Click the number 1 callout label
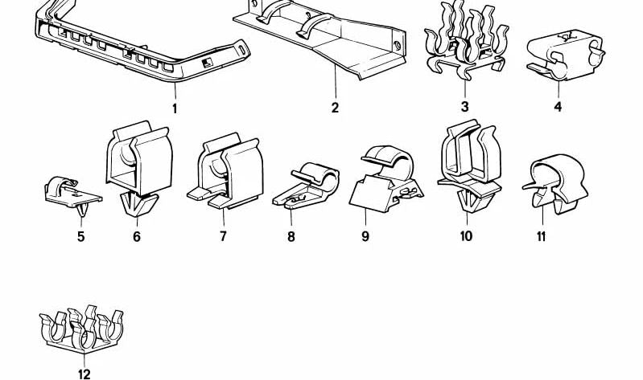(174, 108)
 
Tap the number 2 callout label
(335, 108)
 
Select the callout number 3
(464, 107)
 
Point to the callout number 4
(558, 107)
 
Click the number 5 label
(80, 236)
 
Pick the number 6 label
(137, 236)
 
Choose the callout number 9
(365, 237)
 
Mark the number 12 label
(84, 373)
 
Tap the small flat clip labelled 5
(72, 190)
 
